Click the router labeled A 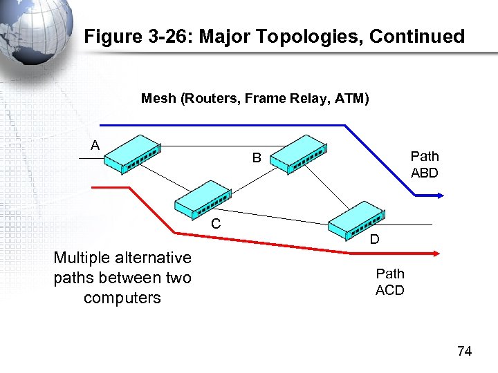tap(132, 156)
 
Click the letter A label tap(95, 144)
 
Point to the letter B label tap(256, 158)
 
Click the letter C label tap(216, 224)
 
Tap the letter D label tap(373, 240)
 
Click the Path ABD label tap(424, 164)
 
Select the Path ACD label tap(389, 282)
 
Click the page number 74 tap(464, 352)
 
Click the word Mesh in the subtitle tap(158, 99)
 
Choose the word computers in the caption tap(122, 298)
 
